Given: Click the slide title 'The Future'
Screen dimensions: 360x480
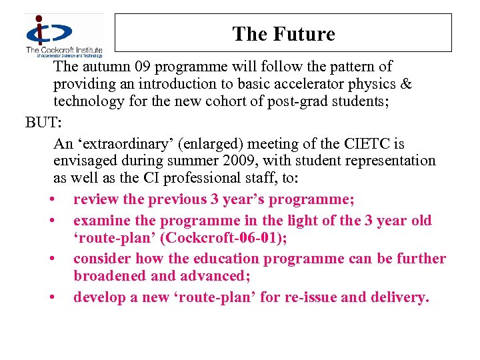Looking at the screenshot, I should tap(283, 34).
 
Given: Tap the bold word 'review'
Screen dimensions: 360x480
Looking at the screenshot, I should tap(96, 199).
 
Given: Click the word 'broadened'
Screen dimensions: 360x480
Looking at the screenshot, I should tap(109, 275).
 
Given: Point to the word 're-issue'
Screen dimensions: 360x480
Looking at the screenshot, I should tap(311, 297).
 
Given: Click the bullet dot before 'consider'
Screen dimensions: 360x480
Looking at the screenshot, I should tap(51, 259).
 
